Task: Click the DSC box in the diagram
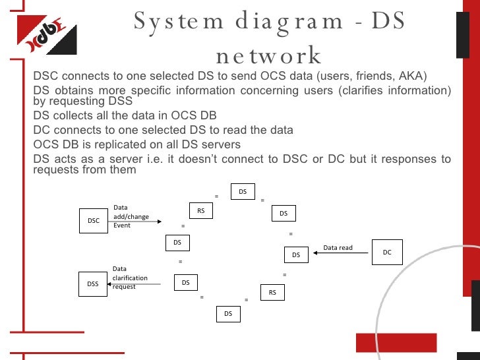(94, 221)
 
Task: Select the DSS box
(93, 284)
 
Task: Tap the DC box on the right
(387, 252)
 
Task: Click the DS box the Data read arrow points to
(296, 255)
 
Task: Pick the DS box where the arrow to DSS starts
(186, 283)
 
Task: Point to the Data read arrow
(342, 253)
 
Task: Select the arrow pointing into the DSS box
(135, 284)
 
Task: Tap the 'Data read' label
(338, 248)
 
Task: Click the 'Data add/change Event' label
(131, 216)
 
